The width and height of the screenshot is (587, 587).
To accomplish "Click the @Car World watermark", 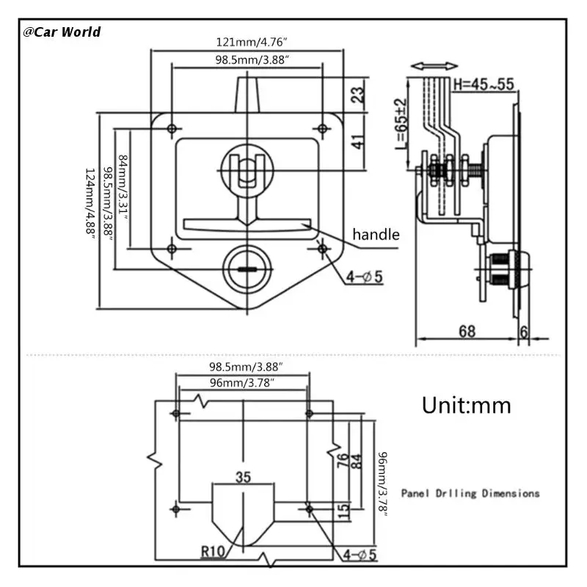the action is pos(62,32).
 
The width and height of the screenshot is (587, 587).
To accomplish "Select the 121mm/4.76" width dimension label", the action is pos(252,42).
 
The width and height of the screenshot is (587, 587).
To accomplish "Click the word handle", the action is pos(376,235).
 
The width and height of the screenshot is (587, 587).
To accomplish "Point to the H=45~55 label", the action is pos(484,84).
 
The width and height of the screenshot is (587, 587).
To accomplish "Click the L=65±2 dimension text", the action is pos(401,123).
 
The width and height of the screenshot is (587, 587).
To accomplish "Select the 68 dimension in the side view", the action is pos(467,332).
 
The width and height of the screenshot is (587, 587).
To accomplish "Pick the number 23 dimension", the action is pos(358,95).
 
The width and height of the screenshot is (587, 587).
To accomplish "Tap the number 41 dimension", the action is pos(358,142).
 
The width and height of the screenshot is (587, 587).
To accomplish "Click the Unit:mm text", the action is pos(467,406).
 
